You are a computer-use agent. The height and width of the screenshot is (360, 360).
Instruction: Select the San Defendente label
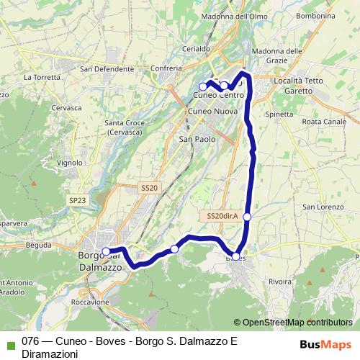click(107, 69)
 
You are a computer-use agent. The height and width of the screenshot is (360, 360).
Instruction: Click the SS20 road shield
click(149, 187)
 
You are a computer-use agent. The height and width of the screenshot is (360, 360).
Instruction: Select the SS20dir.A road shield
click(222, 216)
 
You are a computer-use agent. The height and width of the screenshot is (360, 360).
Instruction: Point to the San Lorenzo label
click(321, 207)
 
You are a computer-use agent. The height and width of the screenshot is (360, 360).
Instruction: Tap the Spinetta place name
click(279, 114)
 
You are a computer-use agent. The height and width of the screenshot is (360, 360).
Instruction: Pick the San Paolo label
click(197, 139)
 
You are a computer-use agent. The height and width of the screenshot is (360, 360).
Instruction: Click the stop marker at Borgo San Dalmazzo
click(106, 251)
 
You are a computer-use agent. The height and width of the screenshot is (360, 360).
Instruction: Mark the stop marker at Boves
click(235, 256)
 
